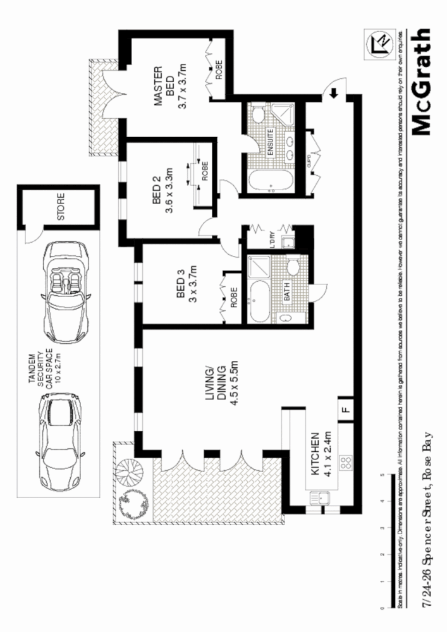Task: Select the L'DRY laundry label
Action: [272, 241]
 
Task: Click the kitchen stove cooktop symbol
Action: [346, 463]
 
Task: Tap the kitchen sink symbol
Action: [321, 500]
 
